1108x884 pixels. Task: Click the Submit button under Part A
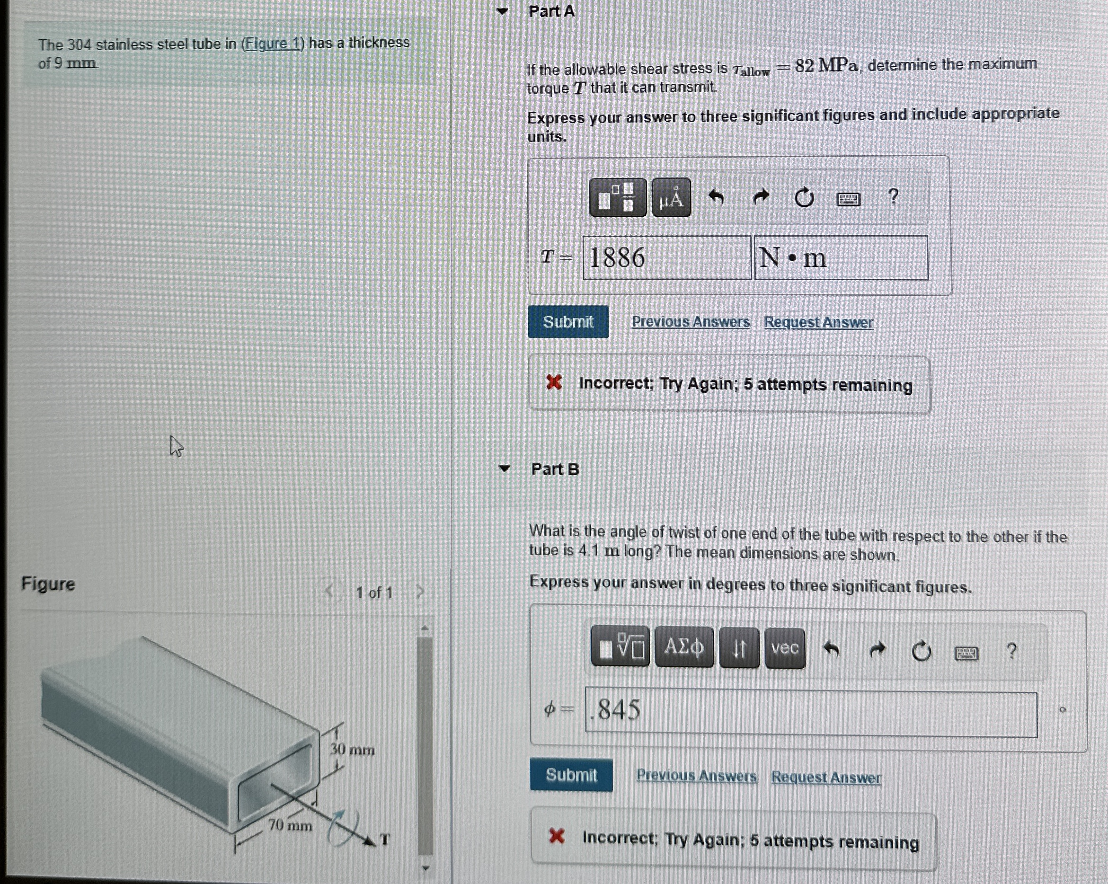click(x=568, y=322)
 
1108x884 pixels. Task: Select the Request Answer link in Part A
click(x=818, y=322)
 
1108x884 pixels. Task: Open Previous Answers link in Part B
click(x=696, y=776)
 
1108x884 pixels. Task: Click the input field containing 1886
click(x=666, y=258)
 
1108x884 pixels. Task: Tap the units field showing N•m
click(x=841, y=258)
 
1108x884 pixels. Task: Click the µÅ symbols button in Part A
click(x=671, y=198)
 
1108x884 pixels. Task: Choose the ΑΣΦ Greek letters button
click(x=684, y=647)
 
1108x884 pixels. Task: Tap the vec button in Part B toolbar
click(x=784, y=648)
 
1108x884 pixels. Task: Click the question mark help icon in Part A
click(x=893, y=196)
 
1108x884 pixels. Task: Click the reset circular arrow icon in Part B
click(x=921, y=651)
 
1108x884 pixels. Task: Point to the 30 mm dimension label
click(x=352, y=750)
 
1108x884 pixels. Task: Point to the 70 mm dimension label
click(x=290, y=825)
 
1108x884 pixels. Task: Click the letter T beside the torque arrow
click(x=385, y=840)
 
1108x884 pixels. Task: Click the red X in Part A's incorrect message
click(x=553, y=382)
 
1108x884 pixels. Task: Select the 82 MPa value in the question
click(x=826, y=65)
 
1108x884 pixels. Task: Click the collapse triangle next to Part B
click(x=504, y=469)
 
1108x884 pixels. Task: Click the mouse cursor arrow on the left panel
click(x=176, y=446)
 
